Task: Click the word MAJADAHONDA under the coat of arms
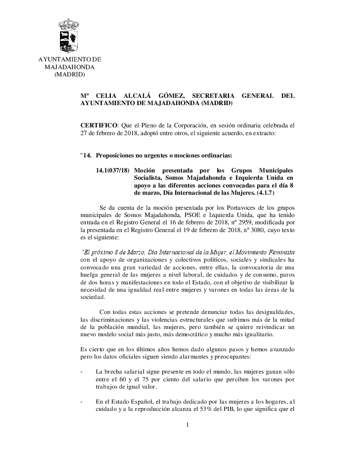click(x=70, y=67)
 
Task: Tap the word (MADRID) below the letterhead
click(x=70, y=75)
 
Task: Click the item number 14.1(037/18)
click(x=113, y=170)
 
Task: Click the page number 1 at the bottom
click(x=187, y=425)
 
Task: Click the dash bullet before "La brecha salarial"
click(x=81, y=372)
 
